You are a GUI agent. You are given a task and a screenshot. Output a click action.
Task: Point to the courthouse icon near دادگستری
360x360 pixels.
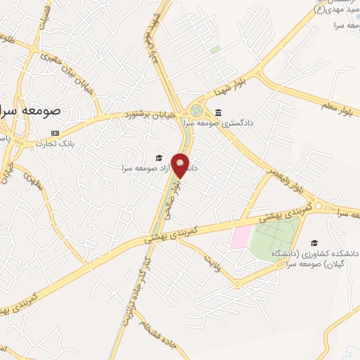point(218,112)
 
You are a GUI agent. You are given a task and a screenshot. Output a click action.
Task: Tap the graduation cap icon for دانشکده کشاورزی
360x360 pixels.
point(314,243)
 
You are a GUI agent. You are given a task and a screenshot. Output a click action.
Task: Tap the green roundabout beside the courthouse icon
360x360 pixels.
point(197,111)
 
